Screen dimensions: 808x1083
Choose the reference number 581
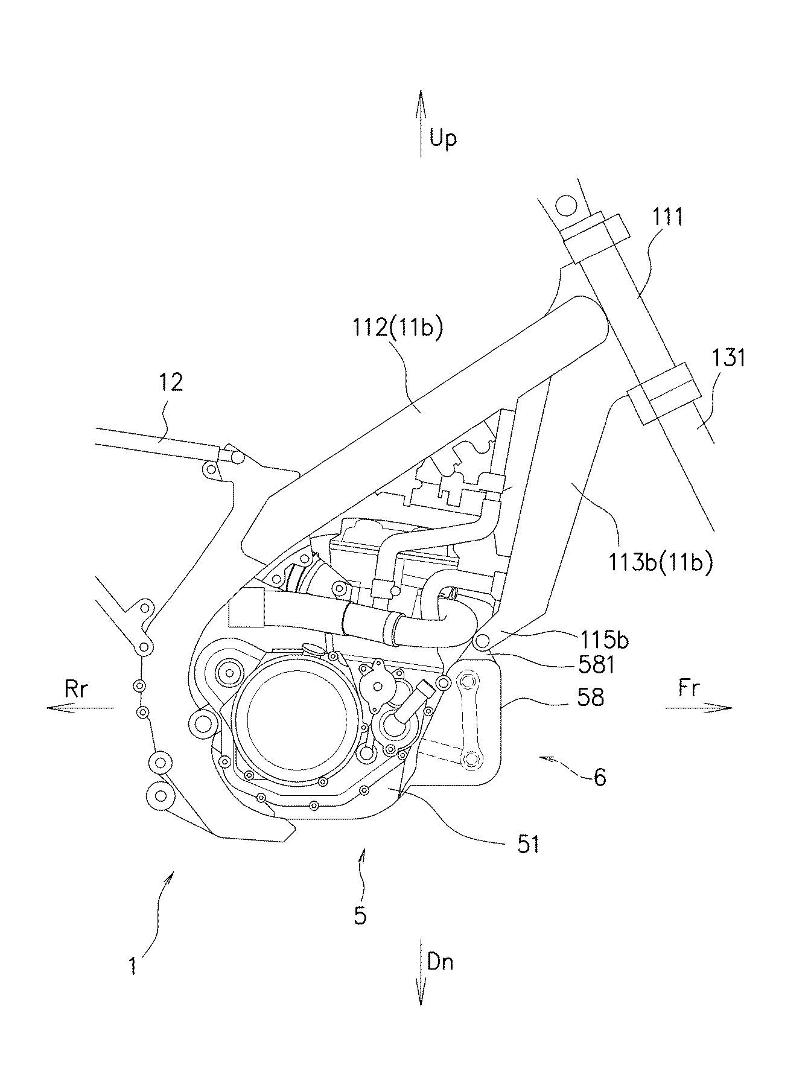tap(596, 665)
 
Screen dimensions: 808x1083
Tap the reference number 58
tap(590, 697)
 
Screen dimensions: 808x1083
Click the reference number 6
tap(600, 777)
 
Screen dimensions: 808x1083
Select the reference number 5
tap(360, 916)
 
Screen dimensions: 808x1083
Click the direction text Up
tap(444, 139)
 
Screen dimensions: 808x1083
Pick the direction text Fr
tap(689, 687)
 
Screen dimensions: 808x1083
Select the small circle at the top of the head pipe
tap(568, 205)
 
